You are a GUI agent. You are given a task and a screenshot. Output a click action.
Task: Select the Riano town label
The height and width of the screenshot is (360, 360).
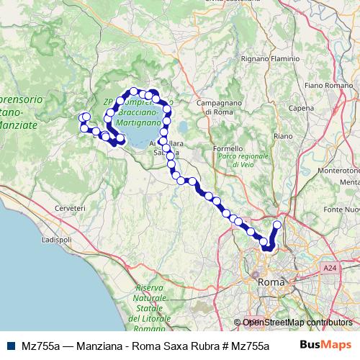coord(282,135)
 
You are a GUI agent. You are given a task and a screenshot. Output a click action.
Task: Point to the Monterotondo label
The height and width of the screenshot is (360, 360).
coord(342,171)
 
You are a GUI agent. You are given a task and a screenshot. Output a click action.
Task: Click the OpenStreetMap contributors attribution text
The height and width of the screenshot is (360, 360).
coord(297,323)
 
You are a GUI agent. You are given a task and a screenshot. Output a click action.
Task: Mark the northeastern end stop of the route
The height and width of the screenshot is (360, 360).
coord(277,225)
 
